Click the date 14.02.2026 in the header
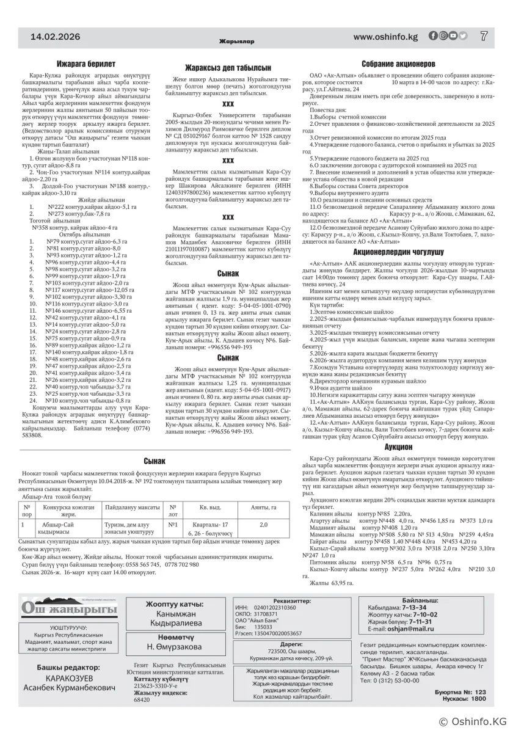56,37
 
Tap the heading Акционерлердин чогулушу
398,251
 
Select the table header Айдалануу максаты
133,506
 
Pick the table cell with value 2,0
263,524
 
